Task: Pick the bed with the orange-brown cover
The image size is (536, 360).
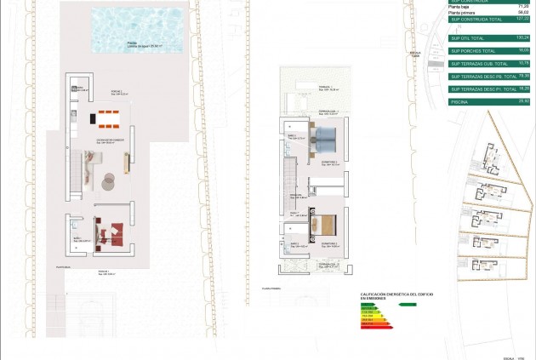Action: point(325,225)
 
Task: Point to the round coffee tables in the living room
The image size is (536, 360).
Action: point(110,180)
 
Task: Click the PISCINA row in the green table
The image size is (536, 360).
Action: point(490,101)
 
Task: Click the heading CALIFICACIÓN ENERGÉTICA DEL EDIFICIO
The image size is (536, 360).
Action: point(396,294)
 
